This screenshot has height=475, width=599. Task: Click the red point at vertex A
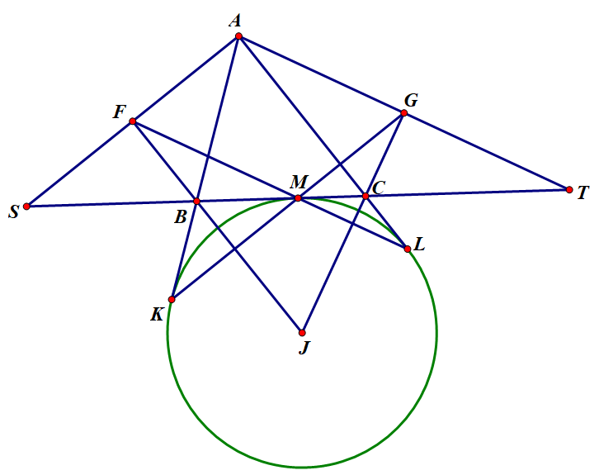pos(238,36)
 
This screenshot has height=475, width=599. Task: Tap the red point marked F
pos(132,121)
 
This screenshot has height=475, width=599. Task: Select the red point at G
pos(403,113)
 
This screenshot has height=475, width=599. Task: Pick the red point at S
pos(26,207)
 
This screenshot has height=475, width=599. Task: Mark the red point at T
pos(569,189)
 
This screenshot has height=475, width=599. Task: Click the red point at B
pos(196,201)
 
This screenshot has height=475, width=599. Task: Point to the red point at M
pos(298,198)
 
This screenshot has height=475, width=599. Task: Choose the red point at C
pos(366,196)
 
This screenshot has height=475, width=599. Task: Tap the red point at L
pos(408,249)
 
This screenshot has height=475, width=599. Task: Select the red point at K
pos(172,299)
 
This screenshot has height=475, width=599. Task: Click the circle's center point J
pos(302,333)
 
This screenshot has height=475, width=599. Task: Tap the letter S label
pos(13,213)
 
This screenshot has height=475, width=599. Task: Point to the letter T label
pos(582,193)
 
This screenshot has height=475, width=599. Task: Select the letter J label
pos(304,348)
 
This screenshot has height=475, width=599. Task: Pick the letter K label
pos(157,314)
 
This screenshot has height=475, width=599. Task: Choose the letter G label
pos(410,101)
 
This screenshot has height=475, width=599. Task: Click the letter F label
pos(119,112)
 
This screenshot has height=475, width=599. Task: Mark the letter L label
pos(419,245)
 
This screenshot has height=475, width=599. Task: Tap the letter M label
pos(299,182)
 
